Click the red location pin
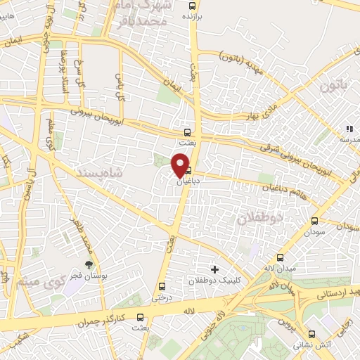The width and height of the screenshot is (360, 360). point(181,165)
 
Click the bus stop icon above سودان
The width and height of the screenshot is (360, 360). point(314,221)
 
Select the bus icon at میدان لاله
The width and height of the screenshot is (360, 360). point(281,257)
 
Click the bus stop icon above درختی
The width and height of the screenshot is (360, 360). point(162,286)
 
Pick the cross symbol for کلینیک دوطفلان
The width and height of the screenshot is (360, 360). point(214,269)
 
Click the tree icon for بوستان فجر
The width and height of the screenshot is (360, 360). point(89,264)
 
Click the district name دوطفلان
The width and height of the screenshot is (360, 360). point(260,217)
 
